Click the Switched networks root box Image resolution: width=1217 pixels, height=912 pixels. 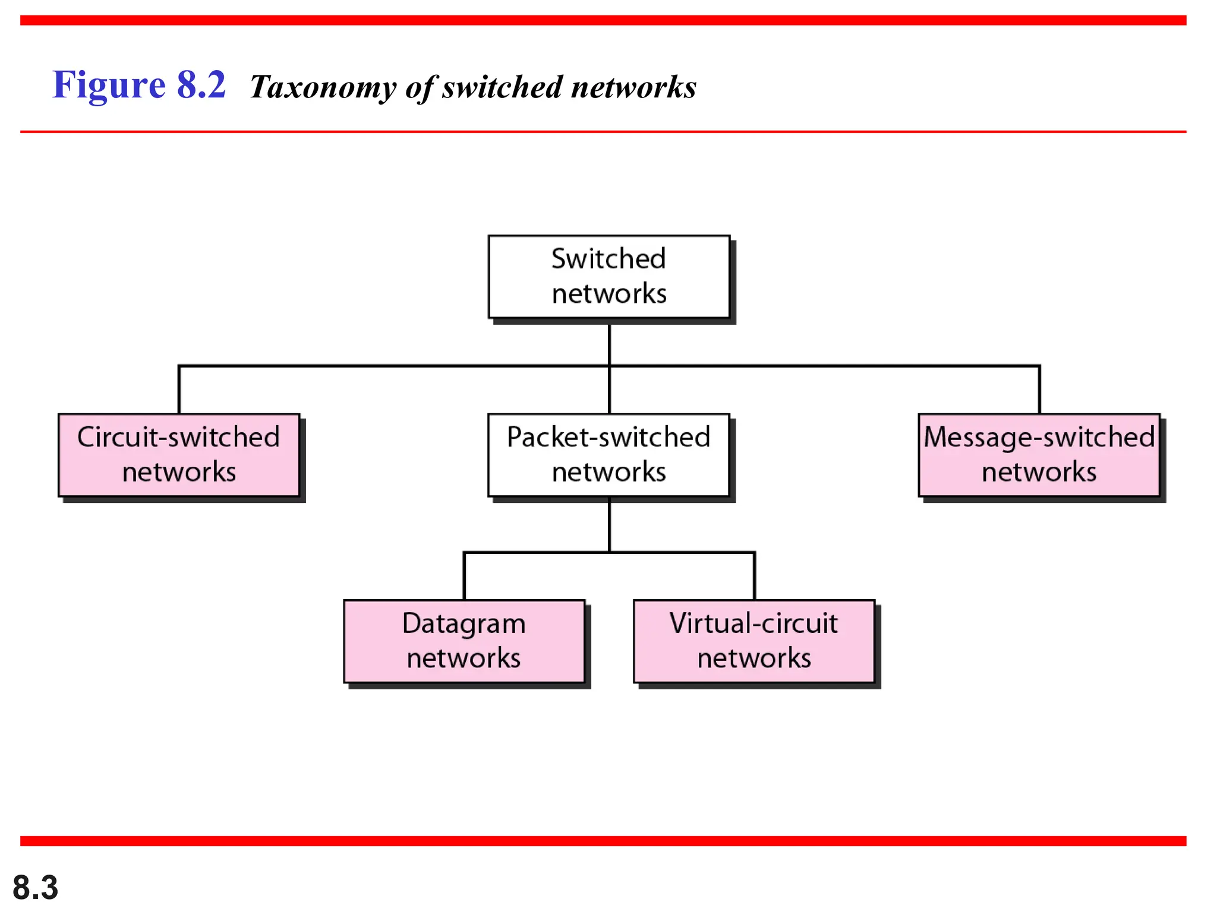(x=608, y=277)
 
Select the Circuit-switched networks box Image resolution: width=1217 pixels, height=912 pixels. (x=179, y=455)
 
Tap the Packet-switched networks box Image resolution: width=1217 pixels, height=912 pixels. (x=608, y=455)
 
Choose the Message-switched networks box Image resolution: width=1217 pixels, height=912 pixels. (x=1039, y=455)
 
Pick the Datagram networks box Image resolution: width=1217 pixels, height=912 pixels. (x=464, y=641)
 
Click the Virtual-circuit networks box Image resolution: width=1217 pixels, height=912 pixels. (x=753, y=641)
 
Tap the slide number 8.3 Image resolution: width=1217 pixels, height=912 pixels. (x=35, y=888)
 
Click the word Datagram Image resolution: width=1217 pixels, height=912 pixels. (x=464, y=624)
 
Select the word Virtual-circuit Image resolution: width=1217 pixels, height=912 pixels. (x=753, y=623)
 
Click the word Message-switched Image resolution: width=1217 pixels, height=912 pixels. (x=1039, y=438)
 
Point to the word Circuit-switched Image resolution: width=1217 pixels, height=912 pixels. (x=179, y=438)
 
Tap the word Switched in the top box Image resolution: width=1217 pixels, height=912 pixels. (x=608, y=259)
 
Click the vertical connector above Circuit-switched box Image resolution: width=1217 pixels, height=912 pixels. (x=179, y=390)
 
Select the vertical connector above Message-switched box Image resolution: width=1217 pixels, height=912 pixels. (x=1039, y=390)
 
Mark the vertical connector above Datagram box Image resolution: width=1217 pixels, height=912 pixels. (x=464, y=576)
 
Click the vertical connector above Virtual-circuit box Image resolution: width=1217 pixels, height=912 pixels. (x=754, y=576)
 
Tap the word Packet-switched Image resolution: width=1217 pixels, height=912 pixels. (x=608, y=438)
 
